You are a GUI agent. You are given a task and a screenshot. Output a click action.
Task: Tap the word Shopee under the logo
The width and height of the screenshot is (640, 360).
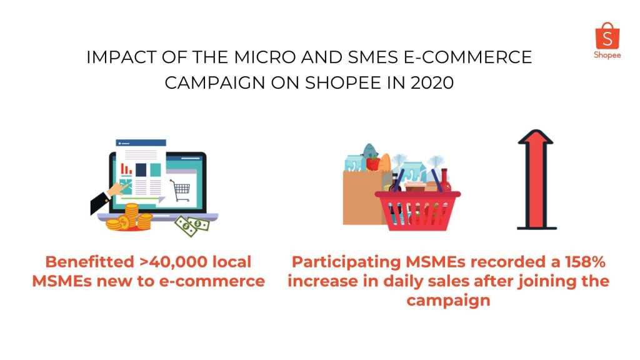pyautogui.click(x=607, y=55)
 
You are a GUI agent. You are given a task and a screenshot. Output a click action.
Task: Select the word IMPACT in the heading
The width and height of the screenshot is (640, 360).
pyautogui.click(x=122, y=57)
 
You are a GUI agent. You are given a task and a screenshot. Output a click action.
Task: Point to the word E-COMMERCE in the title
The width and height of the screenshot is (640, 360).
pyautogui.click(x=467, y=57)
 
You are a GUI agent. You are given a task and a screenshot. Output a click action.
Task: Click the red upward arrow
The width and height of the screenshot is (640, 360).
pyautogui.click(x=536, y=179)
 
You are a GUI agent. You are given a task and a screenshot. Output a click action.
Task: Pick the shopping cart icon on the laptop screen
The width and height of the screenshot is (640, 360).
pyautogui.click(x=180, y=191)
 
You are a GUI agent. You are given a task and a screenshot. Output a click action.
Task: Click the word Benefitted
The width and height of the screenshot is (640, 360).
pyautogui.click(x=89, y=262)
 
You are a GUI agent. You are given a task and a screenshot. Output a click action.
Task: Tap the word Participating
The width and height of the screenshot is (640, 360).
pyautogui.click(x=346, y=262)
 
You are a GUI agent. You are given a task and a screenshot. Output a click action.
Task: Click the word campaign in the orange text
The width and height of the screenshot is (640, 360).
pyautogui.click(x=448, y=301)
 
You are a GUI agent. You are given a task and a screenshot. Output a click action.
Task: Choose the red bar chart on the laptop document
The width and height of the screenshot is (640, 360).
pyautogui.click(x=126, y=169)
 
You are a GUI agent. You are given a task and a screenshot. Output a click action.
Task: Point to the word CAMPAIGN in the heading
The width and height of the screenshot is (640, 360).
pyautogui.click(x=215, y=83)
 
